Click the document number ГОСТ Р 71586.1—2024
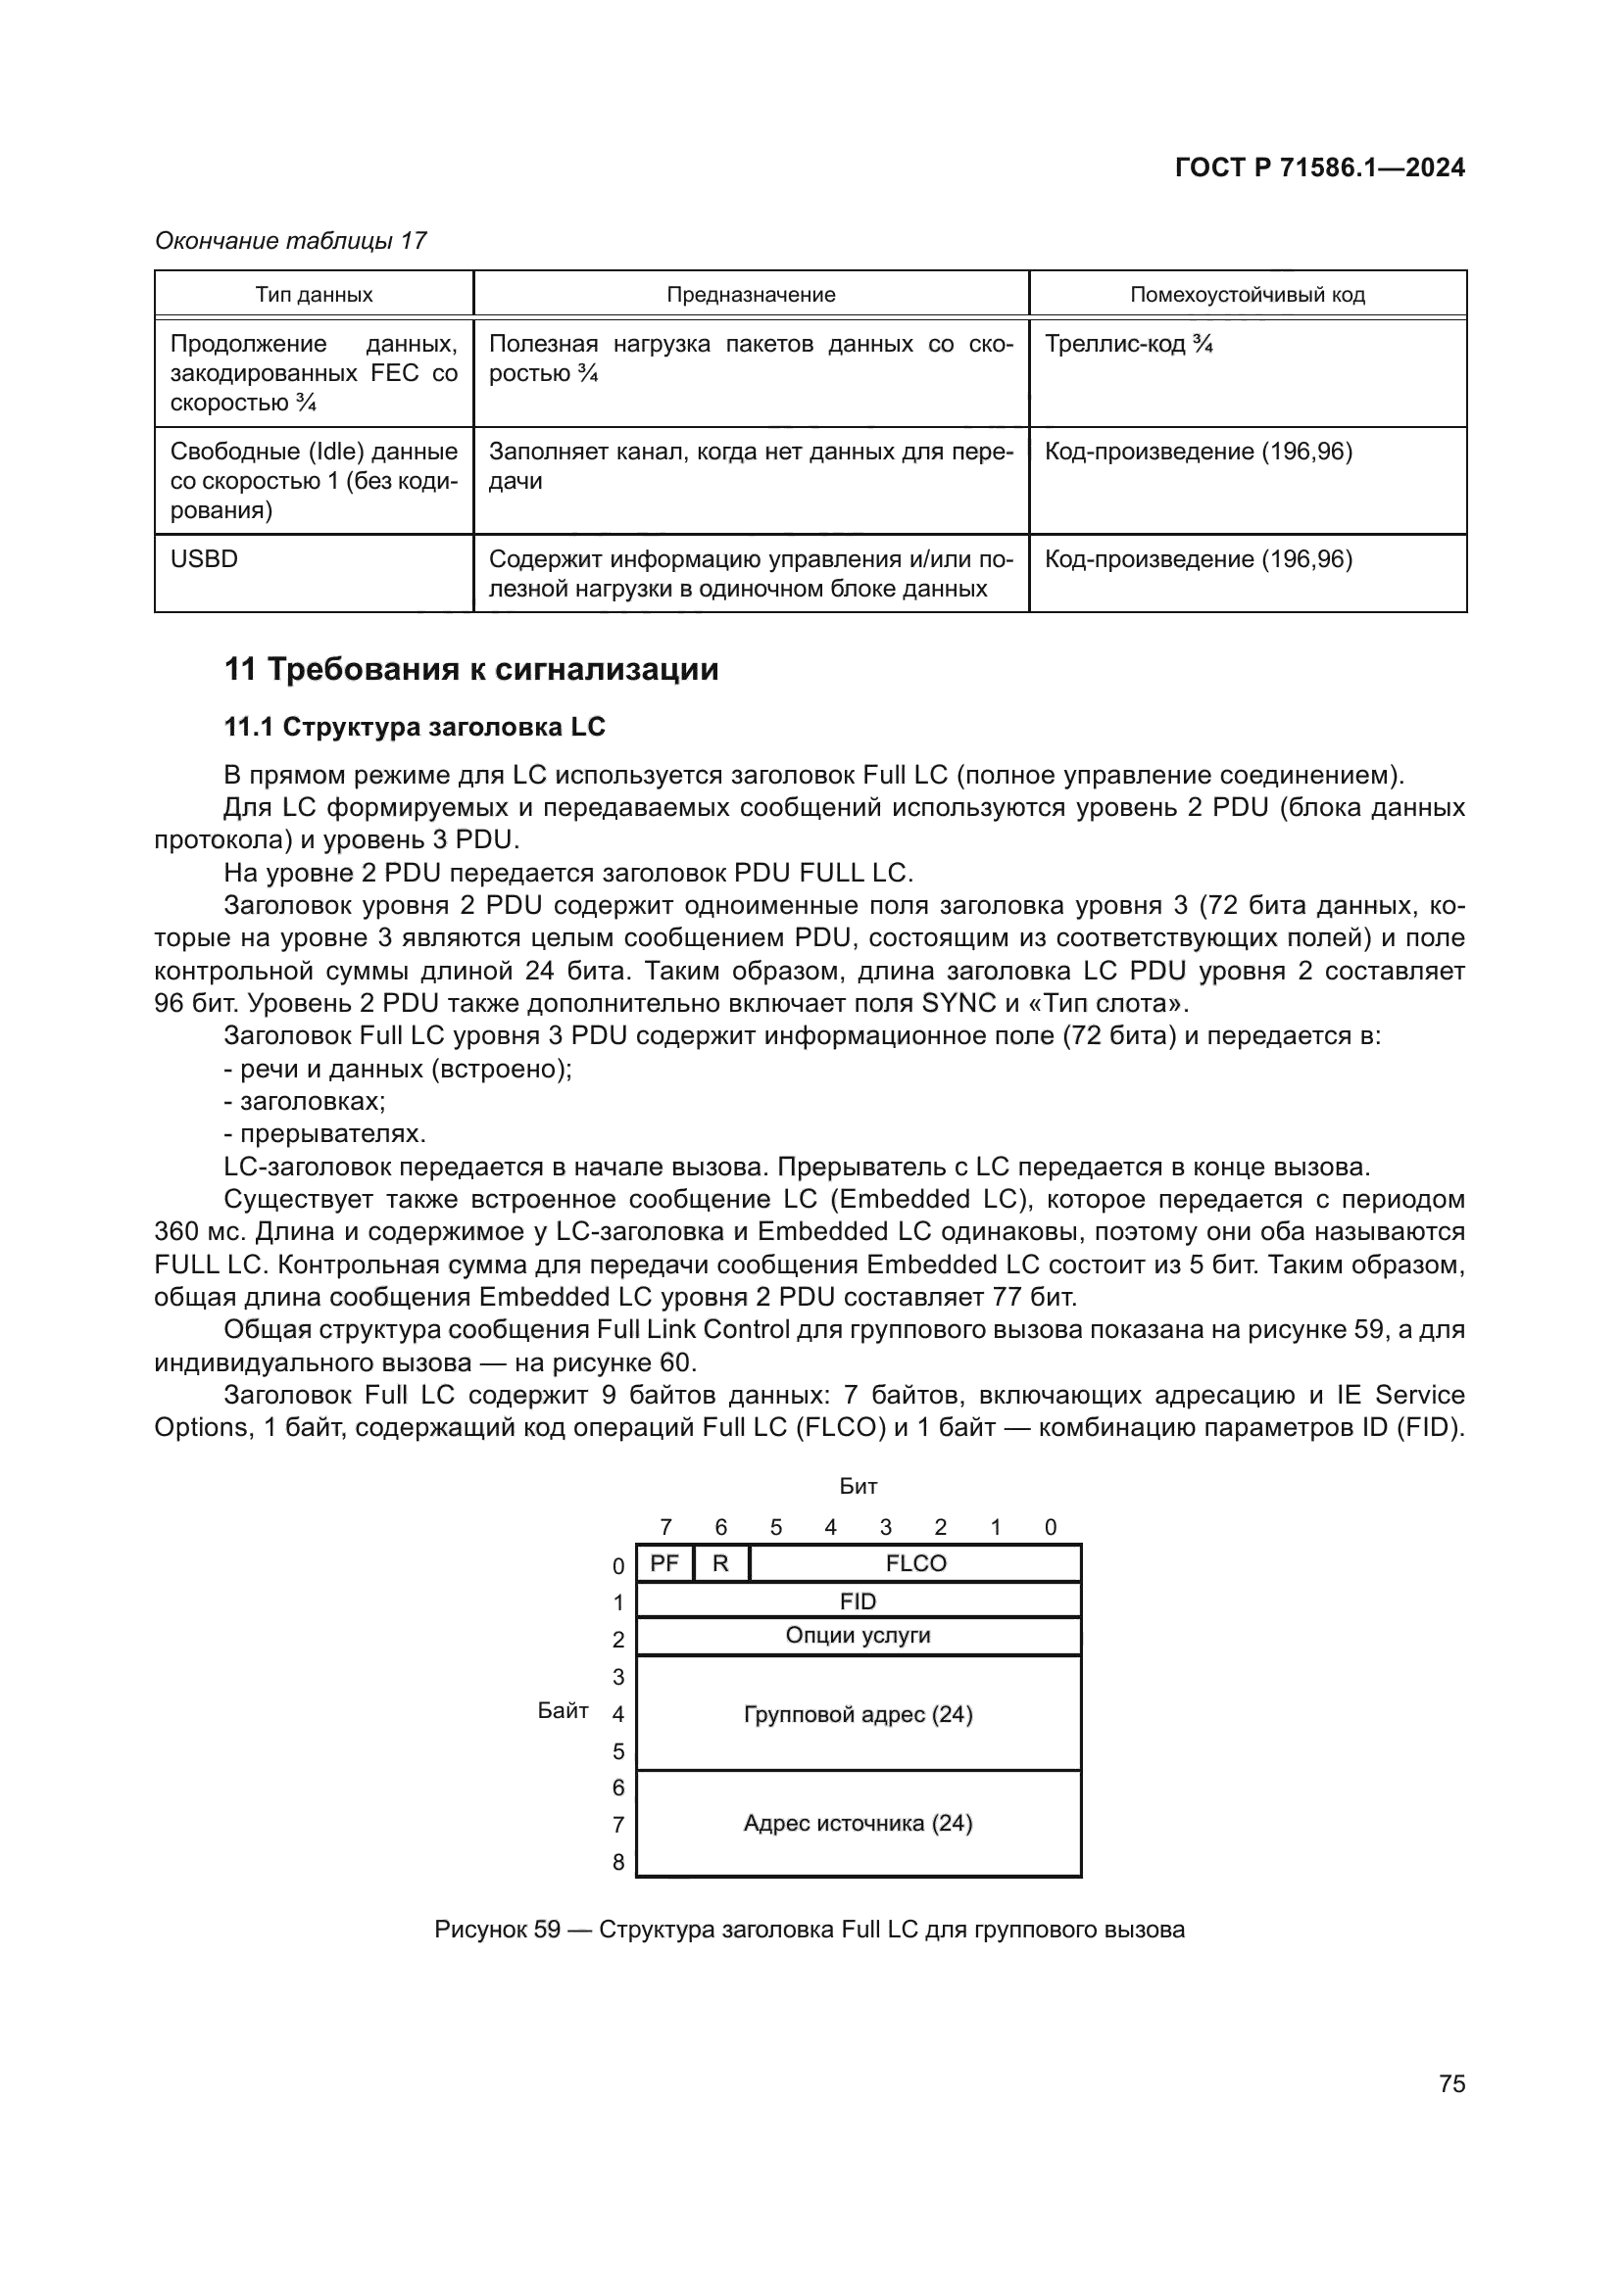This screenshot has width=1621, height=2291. point(1318,167)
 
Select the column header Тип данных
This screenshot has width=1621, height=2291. point(314,295)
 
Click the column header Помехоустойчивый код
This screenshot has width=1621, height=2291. point(1247,295)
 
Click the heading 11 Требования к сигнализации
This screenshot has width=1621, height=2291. point(471,669)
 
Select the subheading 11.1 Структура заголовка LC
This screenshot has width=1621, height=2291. point(415,727)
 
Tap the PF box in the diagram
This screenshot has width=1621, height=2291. point(663,1563)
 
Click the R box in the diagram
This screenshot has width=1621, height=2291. point(720,1563)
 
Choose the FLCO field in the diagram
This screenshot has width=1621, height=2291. point(915,1563)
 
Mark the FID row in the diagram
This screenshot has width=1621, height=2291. point(858,1601)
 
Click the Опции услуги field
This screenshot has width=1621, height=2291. point(858,1636)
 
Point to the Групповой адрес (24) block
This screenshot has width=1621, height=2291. point(858,1714)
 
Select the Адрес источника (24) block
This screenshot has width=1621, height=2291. point(858,1823)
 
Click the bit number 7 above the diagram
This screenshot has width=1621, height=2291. point(665,1527)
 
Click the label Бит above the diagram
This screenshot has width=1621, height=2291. point(858,1487)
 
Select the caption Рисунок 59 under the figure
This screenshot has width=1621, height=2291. point(809,1930)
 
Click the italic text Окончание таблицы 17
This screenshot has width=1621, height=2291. point(290,241)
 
